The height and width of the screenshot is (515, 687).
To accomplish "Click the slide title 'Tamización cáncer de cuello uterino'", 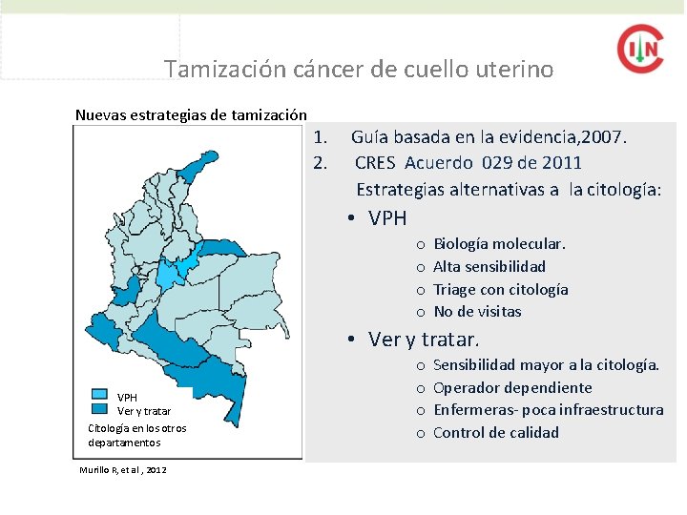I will (358, 70).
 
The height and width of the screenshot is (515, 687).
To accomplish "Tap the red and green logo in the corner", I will (639, 48).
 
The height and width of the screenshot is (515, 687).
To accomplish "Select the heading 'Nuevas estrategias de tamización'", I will (191, 115).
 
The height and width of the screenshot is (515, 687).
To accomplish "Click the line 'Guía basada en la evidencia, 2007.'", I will (489, 137).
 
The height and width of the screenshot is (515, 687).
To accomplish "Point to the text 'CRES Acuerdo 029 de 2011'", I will (468, 163).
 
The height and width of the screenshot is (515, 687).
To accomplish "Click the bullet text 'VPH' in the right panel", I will (387, 218).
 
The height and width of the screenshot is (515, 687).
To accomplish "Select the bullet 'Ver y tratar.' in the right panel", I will (424, 340).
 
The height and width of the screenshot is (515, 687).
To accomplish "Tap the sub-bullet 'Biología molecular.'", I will (499, 244).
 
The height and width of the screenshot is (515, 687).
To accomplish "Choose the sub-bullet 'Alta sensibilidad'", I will (489, 267).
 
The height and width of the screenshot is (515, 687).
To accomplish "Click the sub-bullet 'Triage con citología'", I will (501, 289).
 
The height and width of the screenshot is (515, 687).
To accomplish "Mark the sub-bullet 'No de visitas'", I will (477, 312).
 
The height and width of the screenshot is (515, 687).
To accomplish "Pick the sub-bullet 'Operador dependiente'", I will (512, 387).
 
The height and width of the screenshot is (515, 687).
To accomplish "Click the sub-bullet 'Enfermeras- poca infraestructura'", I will (548, 410).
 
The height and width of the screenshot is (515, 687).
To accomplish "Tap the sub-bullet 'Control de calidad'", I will (496, 433).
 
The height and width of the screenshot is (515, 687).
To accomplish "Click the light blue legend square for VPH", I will (100, 394).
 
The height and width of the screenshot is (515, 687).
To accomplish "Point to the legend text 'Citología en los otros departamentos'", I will (136, 435).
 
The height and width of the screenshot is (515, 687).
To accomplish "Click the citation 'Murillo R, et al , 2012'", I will (124, 470).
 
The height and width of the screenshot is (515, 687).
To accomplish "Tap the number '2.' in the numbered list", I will (321, 163).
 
